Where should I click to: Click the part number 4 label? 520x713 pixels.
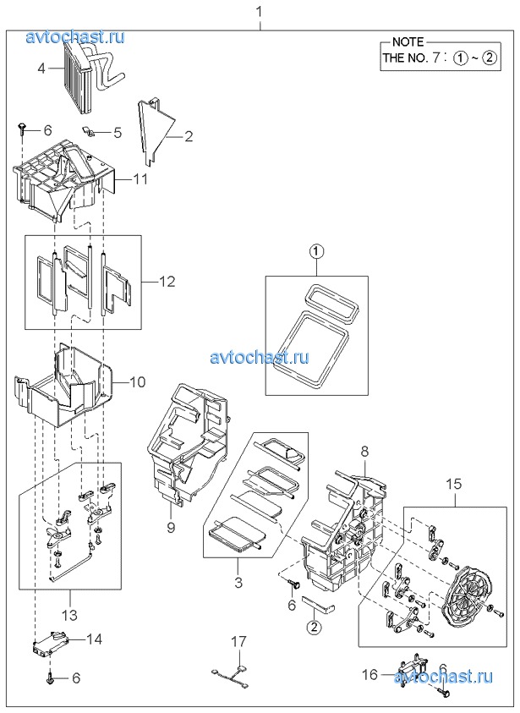click(41, 69)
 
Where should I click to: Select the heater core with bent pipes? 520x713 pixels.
click(91, 73)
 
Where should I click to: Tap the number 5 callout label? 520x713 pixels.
click(118, 133)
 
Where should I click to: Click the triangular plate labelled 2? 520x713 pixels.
click(155, 129)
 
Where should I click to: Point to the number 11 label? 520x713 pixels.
click(141, 179)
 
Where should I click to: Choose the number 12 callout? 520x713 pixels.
click(167, 282)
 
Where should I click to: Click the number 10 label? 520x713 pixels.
click(138, 381)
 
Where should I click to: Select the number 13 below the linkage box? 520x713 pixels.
click(70, 615)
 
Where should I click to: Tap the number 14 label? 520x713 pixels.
click(95, 639)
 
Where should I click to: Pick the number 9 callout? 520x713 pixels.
click(171, 528)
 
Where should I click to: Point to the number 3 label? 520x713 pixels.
click(238, 582)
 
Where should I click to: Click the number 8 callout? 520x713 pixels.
click(365, 452)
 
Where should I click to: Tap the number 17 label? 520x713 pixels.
click(238, 642)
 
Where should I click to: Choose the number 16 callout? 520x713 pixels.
click(370, 674)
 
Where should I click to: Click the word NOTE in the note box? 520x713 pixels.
click(408, 41)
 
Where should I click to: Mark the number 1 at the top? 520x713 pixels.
click(260, 12)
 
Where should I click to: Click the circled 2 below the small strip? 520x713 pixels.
click(314, 627)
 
